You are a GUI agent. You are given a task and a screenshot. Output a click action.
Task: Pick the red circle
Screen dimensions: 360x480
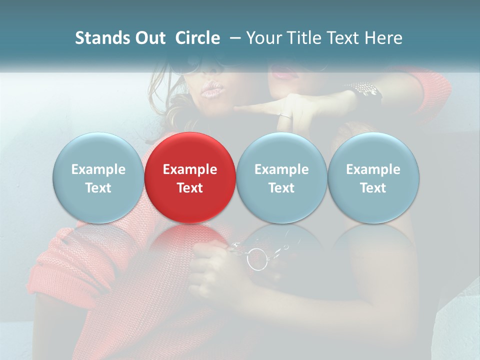[x=189, y=177]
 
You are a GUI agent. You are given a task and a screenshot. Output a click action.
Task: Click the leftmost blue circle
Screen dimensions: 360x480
[x=98, y=177]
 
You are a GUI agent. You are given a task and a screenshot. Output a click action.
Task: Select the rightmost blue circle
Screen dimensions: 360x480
[x=373, y=177]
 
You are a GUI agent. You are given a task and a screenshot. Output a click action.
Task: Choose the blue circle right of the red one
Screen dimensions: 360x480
[x=281, y=177]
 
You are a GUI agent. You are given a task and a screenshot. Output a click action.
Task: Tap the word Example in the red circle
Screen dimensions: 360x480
[x=189, y=169]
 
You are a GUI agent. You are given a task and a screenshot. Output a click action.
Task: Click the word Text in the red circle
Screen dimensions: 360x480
[x=189, y=188]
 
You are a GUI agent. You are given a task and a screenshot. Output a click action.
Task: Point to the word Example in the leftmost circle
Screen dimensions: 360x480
[x=98, y=169]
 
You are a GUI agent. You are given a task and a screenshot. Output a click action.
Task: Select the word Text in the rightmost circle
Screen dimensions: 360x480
[x=373, y=188]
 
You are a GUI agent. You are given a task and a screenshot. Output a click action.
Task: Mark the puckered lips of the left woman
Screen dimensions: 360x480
[x=211, y=90]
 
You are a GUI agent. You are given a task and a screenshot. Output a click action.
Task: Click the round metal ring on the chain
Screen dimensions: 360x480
[x=257, y=259]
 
